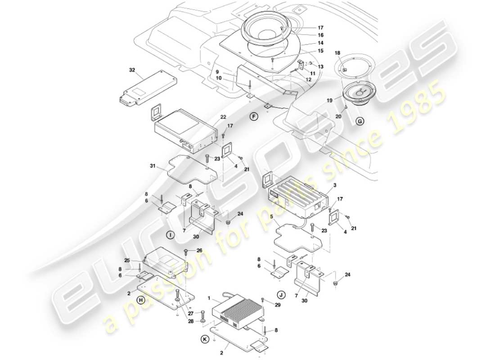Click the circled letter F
(x=254, y=117)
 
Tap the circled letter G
(x=360, y=121)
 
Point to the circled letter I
(x=170, y=234)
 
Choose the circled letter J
(x=281, y=295)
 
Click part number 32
(x=132, y=70)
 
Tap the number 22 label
(x=223, y=117)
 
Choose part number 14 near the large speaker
(x=320, y=43)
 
